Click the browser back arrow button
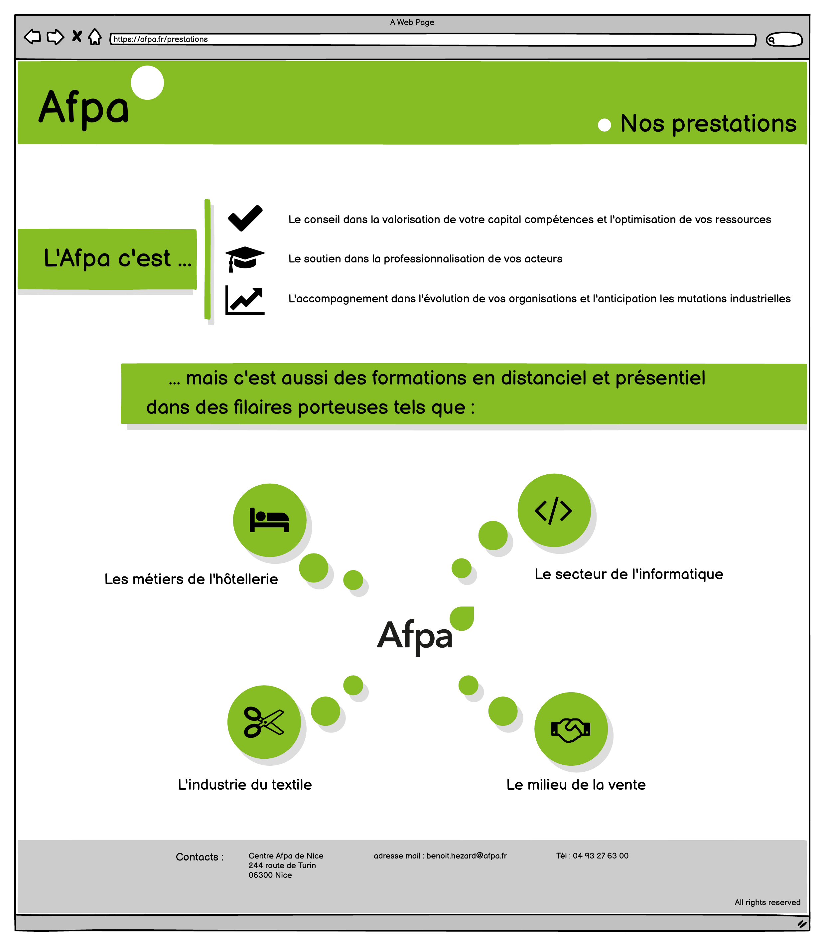click(x=32, y=37)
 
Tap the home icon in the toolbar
click(x=95, y=37)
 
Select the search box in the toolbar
click(x=784, y=40)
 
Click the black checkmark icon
click(x=245, y=218)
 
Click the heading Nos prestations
click(x=708, y=123)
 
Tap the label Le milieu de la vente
click(x=576, y=785)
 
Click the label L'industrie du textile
click(x=245, y=785)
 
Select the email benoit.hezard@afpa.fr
click(x=466, y=856)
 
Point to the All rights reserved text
click(x=767, y=902)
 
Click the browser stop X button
click(x=77, y=36)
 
